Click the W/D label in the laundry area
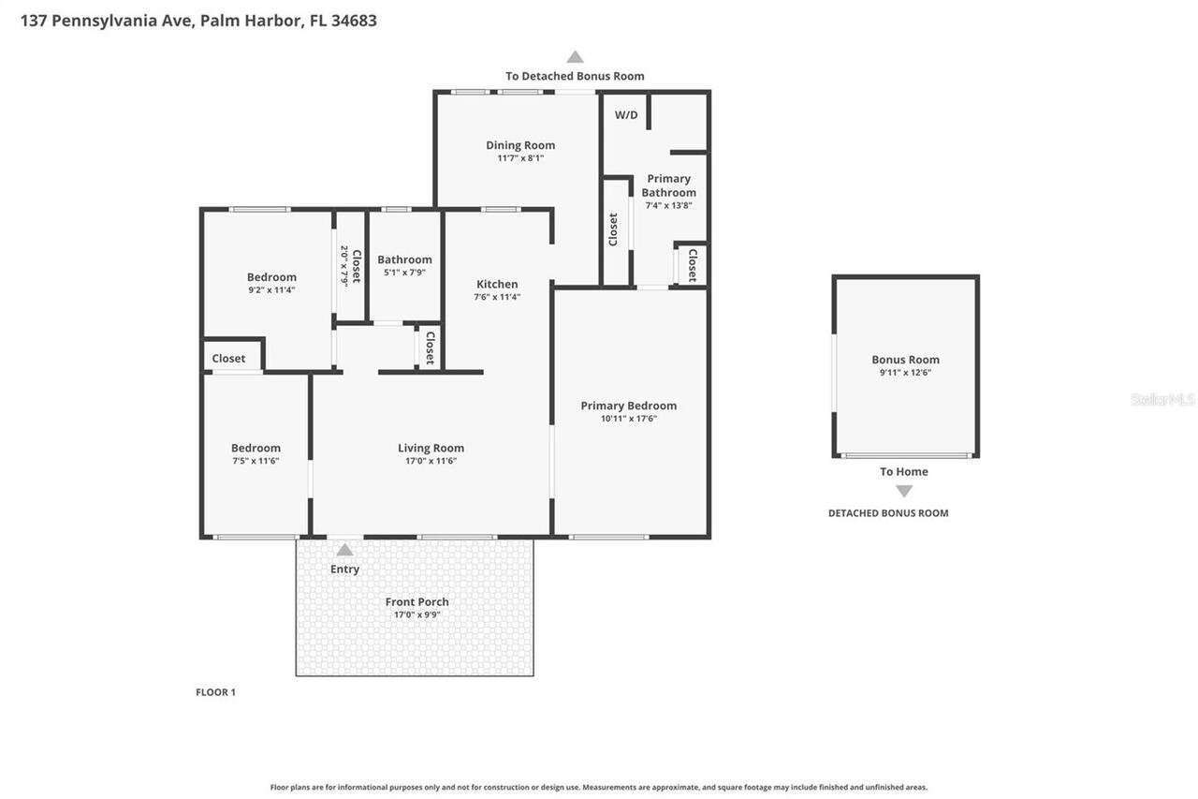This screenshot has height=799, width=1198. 626,115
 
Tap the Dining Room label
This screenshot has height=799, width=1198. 520,145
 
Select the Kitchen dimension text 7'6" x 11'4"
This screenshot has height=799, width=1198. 497,297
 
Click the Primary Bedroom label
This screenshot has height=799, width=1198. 628,406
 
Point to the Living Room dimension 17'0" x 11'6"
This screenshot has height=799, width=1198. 431,461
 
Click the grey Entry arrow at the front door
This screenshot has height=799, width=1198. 344,550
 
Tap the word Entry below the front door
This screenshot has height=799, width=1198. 344,569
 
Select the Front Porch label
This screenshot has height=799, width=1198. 416,602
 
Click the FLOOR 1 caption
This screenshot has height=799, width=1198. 215,692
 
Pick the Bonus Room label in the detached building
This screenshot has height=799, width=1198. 905,360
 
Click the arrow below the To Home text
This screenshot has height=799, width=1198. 903,491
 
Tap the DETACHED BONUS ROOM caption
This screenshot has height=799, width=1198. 887,513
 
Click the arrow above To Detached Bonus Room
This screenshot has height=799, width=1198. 575,57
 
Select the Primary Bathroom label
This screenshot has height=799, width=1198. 668,185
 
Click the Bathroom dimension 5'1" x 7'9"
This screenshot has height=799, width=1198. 404,273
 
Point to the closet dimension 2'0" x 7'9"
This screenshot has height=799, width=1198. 344,266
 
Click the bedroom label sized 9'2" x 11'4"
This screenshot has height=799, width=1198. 271,277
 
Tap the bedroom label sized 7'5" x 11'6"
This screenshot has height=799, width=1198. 256,449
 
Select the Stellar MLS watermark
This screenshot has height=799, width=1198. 1162,399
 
